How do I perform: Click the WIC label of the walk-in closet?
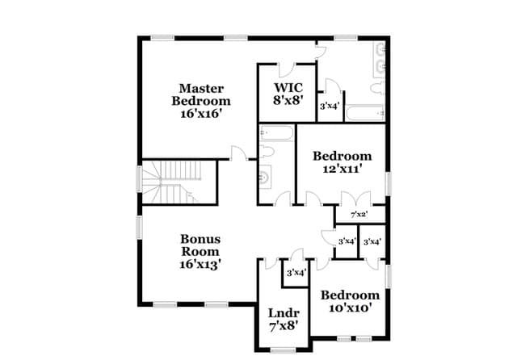[x=288, y=88]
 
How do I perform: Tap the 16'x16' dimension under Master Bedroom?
[x=200, y=115]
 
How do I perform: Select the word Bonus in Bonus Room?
[x=200, y=239]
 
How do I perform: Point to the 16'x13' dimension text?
[x=200, y=263]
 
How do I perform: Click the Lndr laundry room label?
[x=283, y=313]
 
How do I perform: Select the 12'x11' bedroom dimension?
[x=343, y=169]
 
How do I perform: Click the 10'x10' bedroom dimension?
[x=349, y=308]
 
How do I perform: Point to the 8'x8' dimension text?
[x=288, y=102]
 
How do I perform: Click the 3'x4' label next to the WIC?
[x=329, y=106]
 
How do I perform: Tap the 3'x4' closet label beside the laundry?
[x=296, y=273]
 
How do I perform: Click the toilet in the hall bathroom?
[x=268, y=151]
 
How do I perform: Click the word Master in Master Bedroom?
[x=201, y=88]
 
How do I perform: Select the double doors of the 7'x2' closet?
[x=355, y=199]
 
